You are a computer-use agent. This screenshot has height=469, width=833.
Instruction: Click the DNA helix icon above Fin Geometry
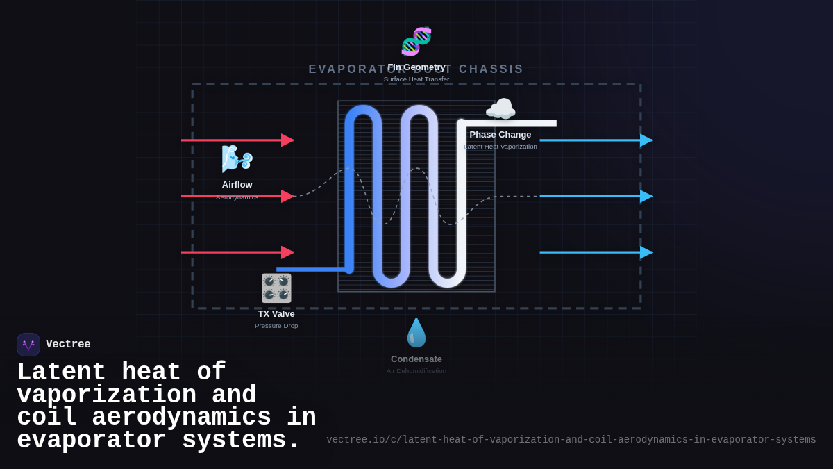(416, 42)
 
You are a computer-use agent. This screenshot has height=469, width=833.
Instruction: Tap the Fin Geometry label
(416, 67)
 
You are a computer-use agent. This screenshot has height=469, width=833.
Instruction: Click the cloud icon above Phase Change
(500, 110)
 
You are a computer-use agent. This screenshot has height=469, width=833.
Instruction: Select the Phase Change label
(500, 135)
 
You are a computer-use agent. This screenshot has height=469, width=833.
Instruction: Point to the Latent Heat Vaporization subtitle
(500, 147)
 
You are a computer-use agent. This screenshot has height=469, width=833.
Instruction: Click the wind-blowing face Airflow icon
(237, 159)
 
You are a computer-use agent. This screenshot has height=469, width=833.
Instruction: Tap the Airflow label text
(237, 185)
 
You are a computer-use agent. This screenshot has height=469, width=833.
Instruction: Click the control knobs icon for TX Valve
(276, 288)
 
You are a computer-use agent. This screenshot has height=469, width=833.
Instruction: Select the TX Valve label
(276, 314)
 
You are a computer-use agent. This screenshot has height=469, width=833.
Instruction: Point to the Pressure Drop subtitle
(276, 326)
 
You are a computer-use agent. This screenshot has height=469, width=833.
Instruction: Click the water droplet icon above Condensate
(416, 333)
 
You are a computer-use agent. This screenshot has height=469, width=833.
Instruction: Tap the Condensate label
(416, 359)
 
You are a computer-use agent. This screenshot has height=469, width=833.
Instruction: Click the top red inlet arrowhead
(287, 140)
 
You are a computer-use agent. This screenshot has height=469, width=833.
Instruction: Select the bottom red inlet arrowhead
(287, 252)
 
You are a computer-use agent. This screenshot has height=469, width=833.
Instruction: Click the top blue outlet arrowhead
(646, 140)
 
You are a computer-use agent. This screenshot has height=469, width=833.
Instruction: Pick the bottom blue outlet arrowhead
(646, 252)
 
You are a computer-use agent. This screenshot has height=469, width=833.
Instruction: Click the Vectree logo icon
(28, 345)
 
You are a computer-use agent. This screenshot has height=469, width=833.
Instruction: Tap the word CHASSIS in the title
(491, 69)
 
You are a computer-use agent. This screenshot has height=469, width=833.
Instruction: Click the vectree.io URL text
(571, 440)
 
